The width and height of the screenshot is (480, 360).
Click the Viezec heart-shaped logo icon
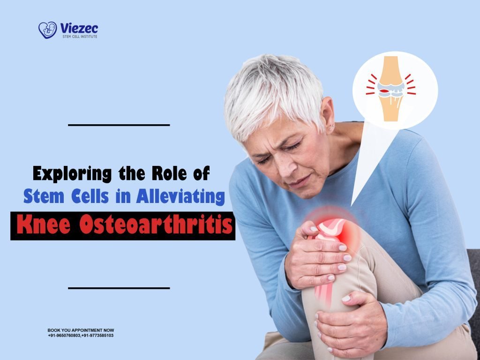tap(47, 30)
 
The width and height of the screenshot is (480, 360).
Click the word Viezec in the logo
tap(79, 28)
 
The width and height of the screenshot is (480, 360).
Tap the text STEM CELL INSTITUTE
tap(80, 36)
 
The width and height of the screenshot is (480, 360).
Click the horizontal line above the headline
tap(119, 125)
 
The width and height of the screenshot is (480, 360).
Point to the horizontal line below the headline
tap(119, 288)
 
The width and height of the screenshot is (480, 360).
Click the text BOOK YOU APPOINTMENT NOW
tap(81, 330)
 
